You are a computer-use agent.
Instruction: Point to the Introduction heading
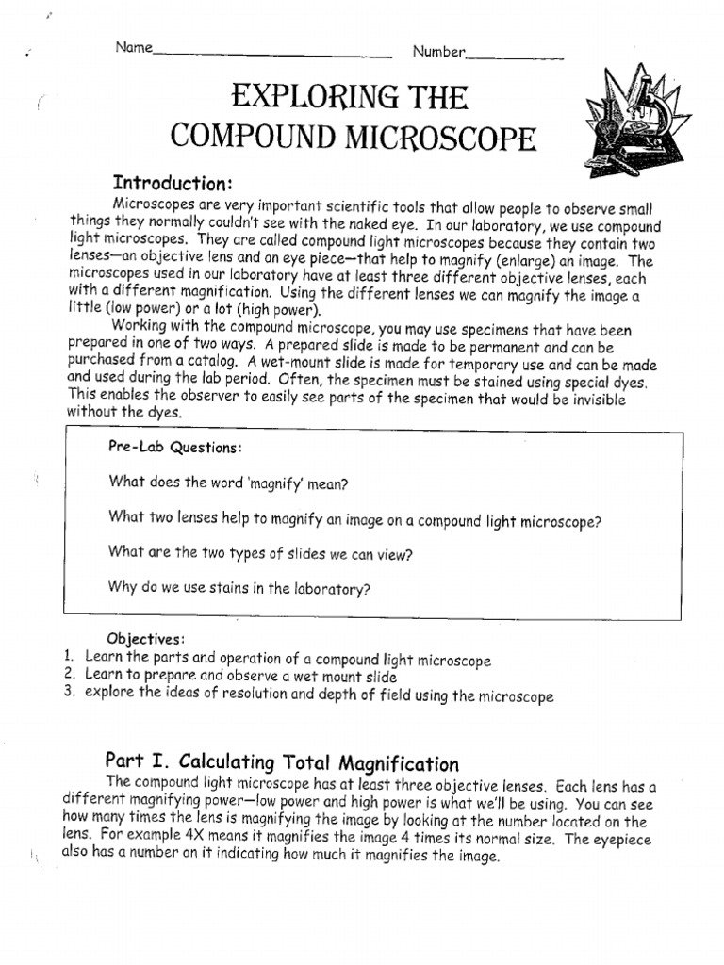pyautogui.click(x=173, y=182)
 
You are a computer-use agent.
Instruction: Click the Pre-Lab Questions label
pyautogui.click(x=176, y=448)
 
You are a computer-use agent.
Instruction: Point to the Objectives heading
pyautogui.click(x=145, y=639)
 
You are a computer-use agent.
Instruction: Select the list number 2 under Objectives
pyautogui.click(x=69, y=676)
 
